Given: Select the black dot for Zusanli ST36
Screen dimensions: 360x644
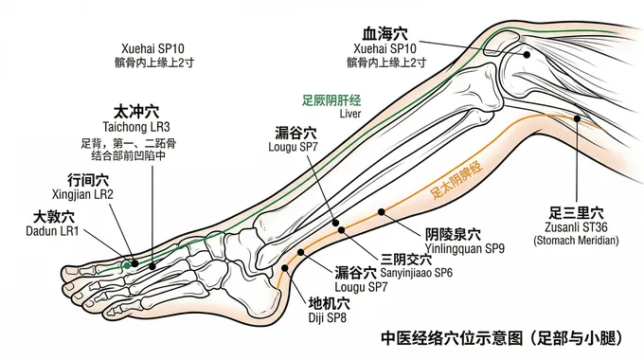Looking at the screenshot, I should [x=580, y=117].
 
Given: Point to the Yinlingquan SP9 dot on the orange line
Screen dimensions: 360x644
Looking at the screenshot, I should [x=381, y=210].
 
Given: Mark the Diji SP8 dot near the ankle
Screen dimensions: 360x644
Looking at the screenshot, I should [x=282, y=268].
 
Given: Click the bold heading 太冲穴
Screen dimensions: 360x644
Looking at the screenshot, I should [x=136, y=110].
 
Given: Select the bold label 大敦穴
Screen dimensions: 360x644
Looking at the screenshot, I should [x=54, y=216].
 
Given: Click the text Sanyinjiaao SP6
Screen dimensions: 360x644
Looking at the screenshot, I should [x=417, y=272].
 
